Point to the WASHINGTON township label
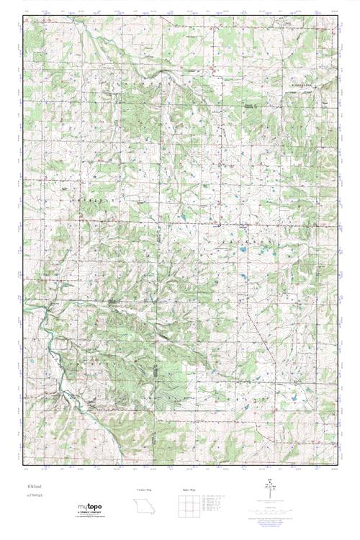tap(305, 84)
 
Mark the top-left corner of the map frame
tap(23, 15)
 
